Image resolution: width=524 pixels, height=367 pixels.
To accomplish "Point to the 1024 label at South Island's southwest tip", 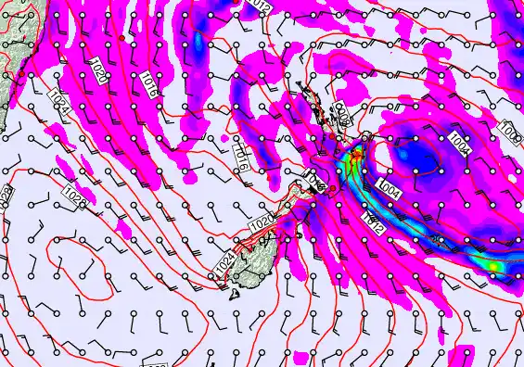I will [x=224, y=262].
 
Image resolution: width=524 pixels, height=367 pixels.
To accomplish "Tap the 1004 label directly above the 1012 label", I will [x=389, y=189].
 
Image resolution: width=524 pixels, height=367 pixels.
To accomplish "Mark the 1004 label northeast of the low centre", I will [x=459, y=141].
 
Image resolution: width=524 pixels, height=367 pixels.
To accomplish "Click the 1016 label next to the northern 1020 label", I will [x=143, y=82].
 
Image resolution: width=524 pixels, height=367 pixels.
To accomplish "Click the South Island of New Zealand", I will [x=269, y=241].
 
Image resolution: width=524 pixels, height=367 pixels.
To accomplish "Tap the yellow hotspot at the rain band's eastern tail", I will [x=494, y=266].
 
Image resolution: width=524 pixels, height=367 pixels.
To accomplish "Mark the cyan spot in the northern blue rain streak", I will [x=198, y=43].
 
